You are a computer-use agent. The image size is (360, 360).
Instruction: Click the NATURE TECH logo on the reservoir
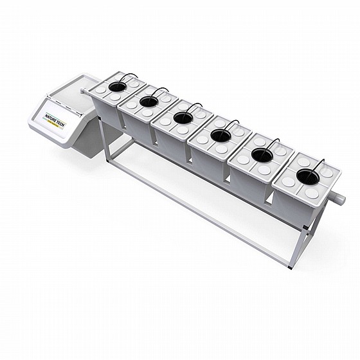pyautogui.click(x=56, y=120)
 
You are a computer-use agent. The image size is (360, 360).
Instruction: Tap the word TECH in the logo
pyautogui.click(x=60, y=123)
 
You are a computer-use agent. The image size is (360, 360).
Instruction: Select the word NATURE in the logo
pyautogui.click(x=51, y=118)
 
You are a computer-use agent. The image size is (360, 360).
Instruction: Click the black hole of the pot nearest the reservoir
pyautogui.click(x=117, y=86)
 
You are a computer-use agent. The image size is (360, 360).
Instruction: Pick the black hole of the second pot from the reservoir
pyautogui.click(x=148, y=102)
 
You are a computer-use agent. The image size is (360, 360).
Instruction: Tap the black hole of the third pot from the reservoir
pyautogui.click(x=183, y=118)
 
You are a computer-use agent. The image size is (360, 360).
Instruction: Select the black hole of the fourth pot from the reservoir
pyautogui.click(x=221, y=136)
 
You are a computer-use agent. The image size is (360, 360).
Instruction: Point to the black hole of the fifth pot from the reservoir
pyautogui.click(x=262, y=155)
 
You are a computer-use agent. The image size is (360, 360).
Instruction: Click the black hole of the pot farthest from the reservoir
pyautogui.click(x=308, y=176)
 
